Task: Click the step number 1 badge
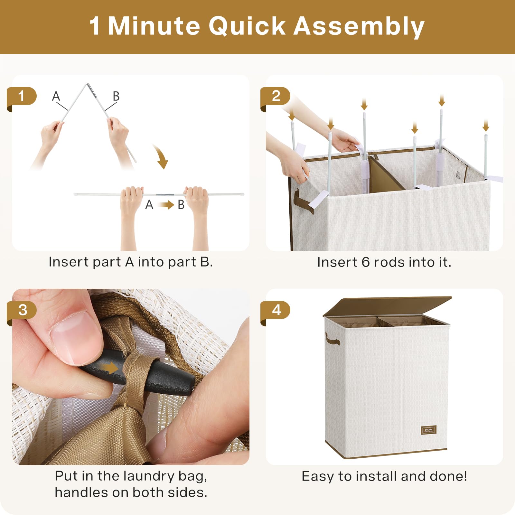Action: (22, 97)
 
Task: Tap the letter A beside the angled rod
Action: (56, 96)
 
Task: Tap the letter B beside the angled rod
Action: (116, 96)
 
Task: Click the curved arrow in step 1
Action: (161, 156)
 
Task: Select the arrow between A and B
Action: (166, 205)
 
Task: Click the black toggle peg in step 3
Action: (138, 373)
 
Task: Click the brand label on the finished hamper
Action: (428, 430)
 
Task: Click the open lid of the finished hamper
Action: (387, 306)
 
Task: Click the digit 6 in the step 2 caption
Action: (365, 262)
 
